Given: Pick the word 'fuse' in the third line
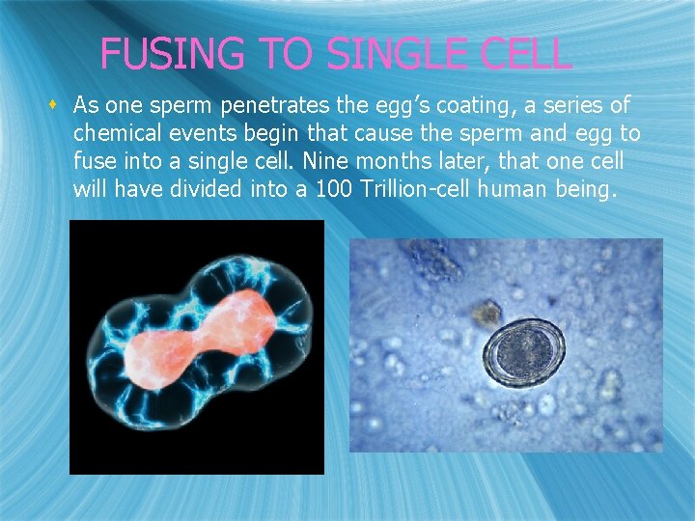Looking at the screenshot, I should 94,161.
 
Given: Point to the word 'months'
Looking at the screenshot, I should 429,161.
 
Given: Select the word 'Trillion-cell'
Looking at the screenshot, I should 414,189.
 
